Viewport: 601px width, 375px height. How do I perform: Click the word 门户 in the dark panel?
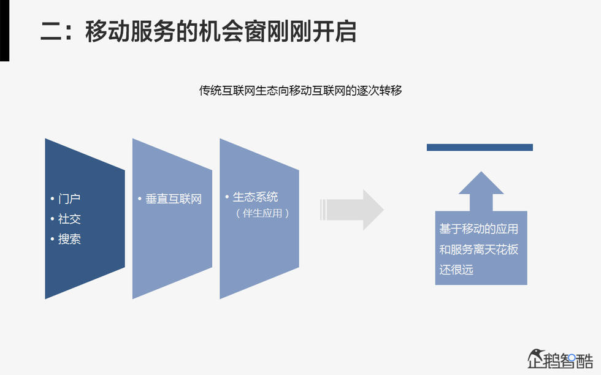pyautogui.click(x=69, y=199)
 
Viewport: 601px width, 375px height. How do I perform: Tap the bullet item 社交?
pyautogui.click(x=69, y=219)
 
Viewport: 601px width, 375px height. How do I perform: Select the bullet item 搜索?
pyautogui.click(x=69, y=240)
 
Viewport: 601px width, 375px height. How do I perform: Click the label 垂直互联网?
pyautogui.click(x=174, y=199)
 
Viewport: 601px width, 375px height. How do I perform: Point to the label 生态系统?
pyautogui.click(x=255, y=197)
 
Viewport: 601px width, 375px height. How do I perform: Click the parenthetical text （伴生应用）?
pyautogui.click(x=262, y=214)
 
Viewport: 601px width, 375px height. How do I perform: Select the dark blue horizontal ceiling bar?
pyautogui.click(x=480, y=147)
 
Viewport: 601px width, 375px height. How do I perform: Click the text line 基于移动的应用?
pyautogui.click(x=479, y=229)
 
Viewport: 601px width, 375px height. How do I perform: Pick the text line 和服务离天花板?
pyautogui.click(x=479, y=249)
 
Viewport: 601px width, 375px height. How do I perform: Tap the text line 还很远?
pyautogui.click(x=457, y=270)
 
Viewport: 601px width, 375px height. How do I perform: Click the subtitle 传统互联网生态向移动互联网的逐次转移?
pyautogui.click(x=300, y=91)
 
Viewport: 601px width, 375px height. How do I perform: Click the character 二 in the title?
pyautogui.click(x=52, y=31)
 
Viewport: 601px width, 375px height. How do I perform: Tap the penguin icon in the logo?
pyautogui.click(x=536, y=358)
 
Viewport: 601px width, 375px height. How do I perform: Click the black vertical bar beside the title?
pyautogui.click(x=4, y=31)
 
